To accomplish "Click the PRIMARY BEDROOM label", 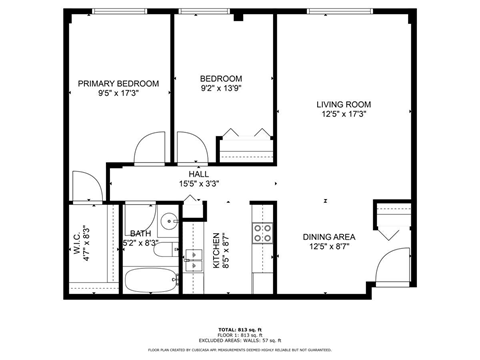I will [118, 84].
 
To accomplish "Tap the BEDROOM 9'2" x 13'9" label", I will [220, 79].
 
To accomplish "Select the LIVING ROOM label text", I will [343, 103].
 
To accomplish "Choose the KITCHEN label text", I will [215, 251].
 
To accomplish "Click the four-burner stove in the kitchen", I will [263, 234].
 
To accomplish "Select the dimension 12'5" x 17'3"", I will [343, 114].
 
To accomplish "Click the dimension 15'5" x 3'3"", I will [199, 184].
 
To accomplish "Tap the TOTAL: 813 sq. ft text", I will [239, 329].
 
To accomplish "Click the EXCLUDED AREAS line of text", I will [239, 340].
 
